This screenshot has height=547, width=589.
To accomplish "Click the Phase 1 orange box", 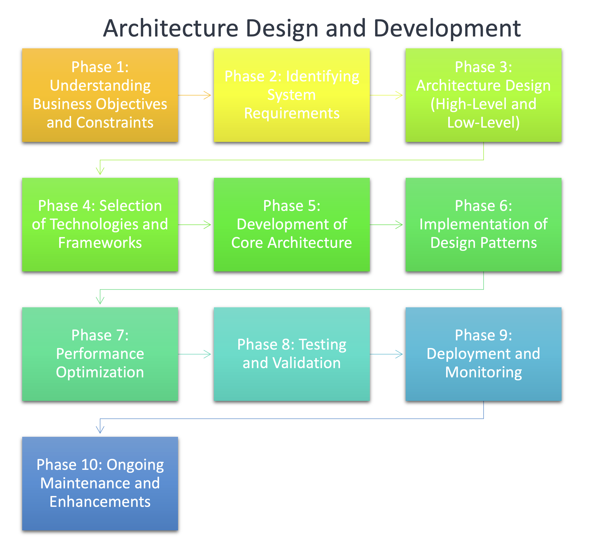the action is (x=100, y=95).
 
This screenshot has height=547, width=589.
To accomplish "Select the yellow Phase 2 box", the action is (x=292, y=95).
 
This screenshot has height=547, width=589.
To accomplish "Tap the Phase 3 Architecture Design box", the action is (x=483, y=95).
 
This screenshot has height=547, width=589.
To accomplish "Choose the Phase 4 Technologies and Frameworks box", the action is (x=100, y=224).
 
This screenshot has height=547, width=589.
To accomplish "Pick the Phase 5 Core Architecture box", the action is (x=292, y=224).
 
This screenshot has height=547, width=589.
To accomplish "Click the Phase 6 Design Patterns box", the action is (x=483, y=224).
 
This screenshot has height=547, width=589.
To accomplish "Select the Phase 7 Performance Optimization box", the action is (x=100, y=354).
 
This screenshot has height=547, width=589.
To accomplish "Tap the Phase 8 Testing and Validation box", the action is (x=292, y=354).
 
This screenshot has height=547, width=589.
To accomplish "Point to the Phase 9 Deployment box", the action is (x=483, y=354).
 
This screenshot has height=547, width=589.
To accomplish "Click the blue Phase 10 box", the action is (x=100, y=483).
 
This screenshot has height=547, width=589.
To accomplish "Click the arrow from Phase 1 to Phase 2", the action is (x=195, y=95).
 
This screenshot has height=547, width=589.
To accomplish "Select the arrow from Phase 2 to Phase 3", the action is (x=386, y=95).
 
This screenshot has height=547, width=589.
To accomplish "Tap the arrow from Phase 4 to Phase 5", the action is (x=195, y=225).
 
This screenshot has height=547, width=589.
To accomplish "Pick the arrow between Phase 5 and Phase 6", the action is (x=386, y=225).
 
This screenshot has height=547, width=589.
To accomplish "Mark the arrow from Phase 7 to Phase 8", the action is (x=195, y=354).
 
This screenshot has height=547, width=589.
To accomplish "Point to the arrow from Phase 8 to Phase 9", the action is (x=386, y=354).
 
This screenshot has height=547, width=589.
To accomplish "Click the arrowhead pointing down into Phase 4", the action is (x=100, y=171).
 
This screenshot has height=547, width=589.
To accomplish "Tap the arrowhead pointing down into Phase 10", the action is (x=100, y=430).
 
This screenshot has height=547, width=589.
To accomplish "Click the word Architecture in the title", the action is (x=171, y=29).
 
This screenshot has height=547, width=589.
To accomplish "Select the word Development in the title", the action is (x=447, y=29).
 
